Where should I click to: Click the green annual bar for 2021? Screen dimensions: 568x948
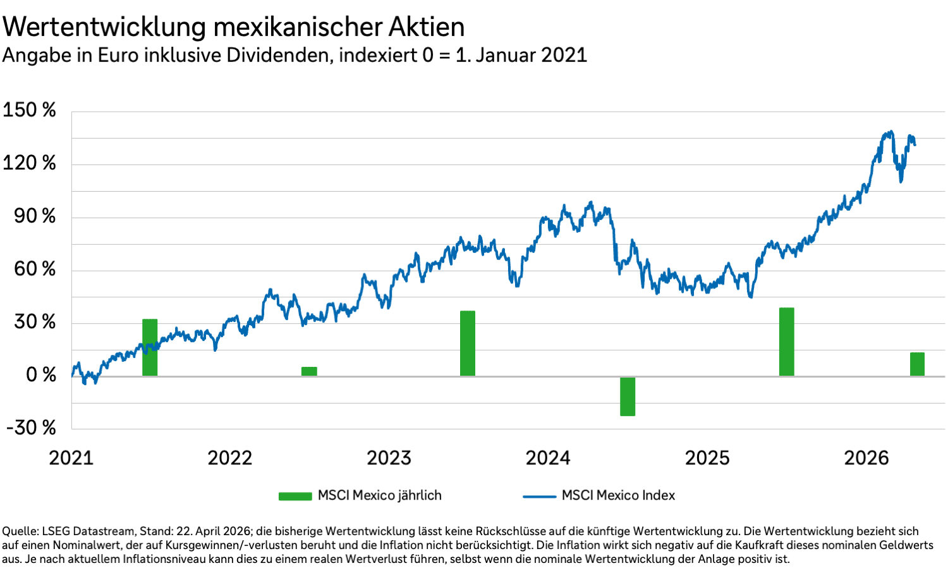(150, 347)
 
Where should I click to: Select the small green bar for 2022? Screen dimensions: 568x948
(309, 371)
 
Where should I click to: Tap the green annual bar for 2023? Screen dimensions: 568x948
(468, 343)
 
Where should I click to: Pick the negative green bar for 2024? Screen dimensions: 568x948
(628, 397)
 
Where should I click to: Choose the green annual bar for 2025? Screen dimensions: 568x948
(786, 342)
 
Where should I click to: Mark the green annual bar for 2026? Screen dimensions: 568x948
(917, 364)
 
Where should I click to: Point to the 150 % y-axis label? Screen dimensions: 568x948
(30, 110)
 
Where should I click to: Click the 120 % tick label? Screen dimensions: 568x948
(30, 163)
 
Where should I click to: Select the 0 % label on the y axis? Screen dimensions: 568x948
(41, 375)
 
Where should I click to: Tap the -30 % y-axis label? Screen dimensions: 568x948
(32, 428)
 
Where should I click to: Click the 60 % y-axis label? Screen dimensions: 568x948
(35, 269)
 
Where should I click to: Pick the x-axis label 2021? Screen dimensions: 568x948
(71, 458)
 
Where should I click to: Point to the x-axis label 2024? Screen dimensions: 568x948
(548, 458)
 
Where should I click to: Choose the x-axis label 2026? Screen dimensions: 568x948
(866, 458)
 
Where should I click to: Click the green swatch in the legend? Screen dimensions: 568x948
(295, 496)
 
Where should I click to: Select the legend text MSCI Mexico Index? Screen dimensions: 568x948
(618, 495)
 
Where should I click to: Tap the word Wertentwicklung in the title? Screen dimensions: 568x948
(105, 27)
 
